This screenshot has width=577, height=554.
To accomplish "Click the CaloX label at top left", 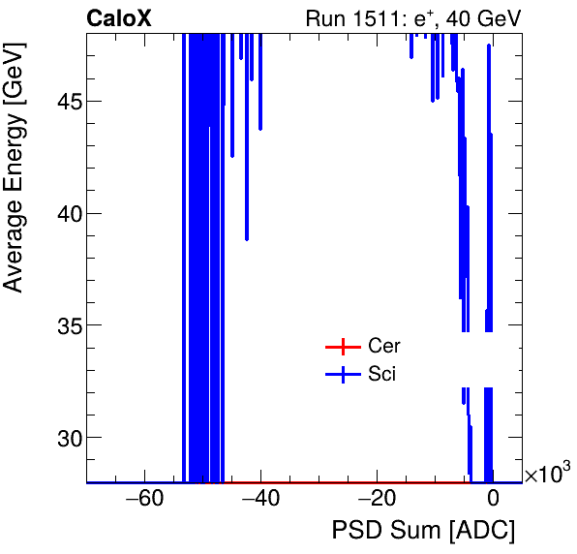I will pos(119,17).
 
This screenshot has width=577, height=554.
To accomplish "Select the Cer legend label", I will pos(384,347).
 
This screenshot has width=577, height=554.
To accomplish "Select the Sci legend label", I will pos(381,374).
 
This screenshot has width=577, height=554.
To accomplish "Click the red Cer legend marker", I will pos(341,347).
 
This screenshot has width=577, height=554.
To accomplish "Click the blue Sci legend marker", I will pos(341,374).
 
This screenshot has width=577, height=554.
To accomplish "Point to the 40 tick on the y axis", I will pos(68,213).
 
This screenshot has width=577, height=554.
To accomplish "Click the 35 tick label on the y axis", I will pos(68,325).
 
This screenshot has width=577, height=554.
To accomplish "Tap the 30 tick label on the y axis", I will pos(68,438).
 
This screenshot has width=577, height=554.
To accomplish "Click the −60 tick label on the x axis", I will pos(144,500).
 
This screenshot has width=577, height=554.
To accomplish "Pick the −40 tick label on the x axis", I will pos(260,500).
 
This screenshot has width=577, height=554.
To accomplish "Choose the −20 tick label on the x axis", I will pos(377,500).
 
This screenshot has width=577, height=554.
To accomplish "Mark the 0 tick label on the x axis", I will pos(493,500).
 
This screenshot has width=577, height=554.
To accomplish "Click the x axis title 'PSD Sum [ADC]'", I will pos(423,531).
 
